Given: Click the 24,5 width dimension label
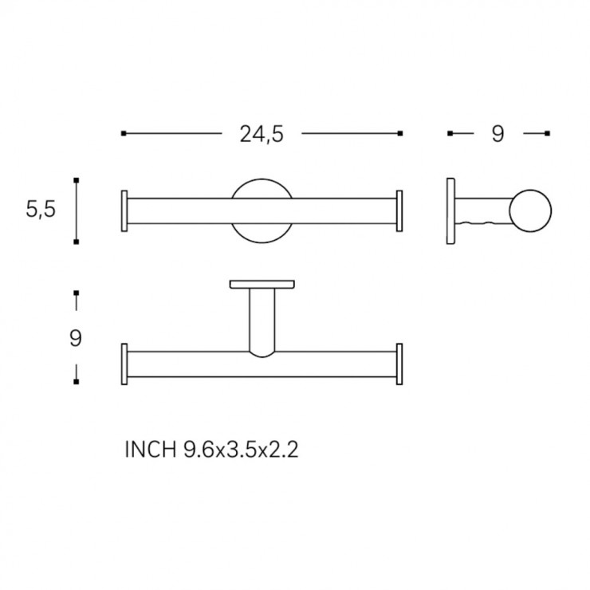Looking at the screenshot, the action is pos(262,134).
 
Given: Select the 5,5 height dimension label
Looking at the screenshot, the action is pos(41,209).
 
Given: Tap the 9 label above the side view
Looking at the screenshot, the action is pos(498,134).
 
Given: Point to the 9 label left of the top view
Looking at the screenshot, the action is pos(76,338).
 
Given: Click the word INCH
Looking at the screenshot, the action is pos(151,449).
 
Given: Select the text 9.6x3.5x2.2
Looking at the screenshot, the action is pos(241,449).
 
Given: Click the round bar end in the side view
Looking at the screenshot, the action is pos(530,210).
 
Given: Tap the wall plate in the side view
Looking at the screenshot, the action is pos(450,211).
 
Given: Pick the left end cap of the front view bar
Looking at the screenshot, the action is pos(124,211).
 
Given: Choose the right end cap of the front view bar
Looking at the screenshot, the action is pos(399,211).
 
